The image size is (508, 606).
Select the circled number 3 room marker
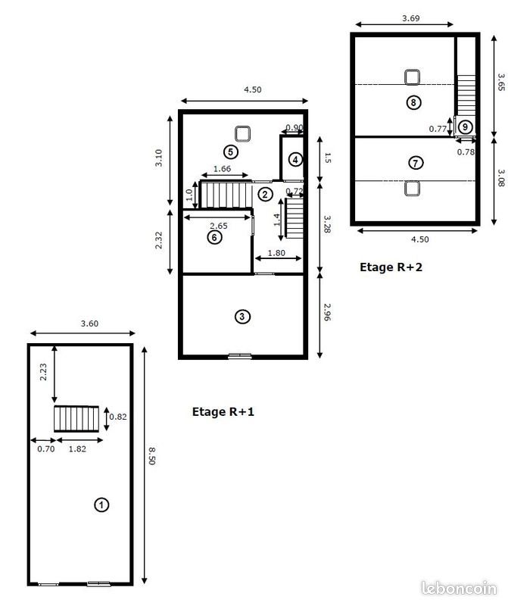(242, 317)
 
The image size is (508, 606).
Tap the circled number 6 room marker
(214, 237)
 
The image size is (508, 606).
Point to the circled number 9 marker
(465, 127)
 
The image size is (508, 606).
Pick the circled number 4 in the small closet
(295, 159)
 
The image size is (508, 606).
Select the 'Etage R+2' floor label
(390, 267)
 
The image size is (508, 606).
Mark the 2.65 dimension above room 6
(219, 226)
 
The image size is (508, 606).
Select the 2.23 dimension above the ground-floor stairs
(45, 372)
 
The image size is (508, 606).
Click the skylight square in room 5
(243, 134)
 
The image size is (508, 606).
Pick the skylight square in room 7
(412, 188)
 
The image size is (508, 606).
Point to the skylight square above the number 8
(412, 77)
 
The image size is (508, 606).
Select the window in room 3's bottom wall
(240, 355)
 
